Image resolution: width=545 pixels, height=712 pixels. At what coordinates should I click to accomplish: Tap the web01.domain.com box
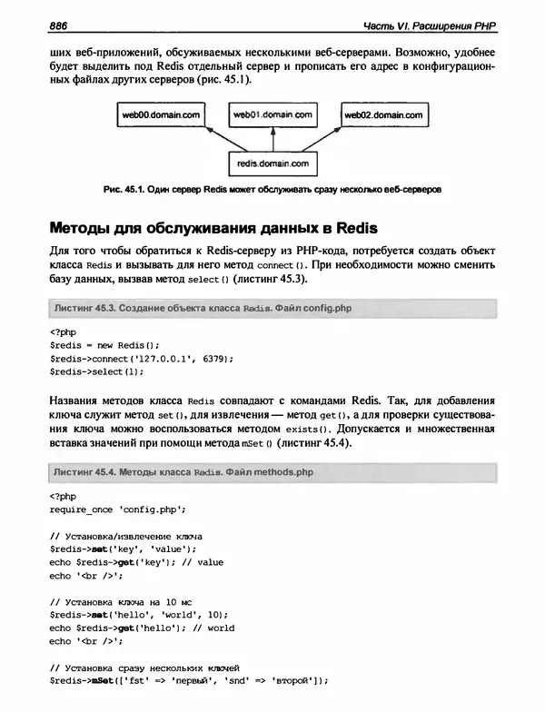[272, 115]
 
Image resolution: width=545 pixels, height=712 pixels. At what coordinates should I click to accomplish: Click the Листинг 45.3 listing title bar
[272, 309]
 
